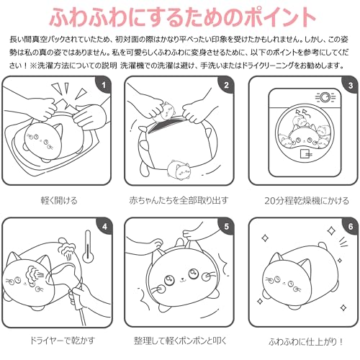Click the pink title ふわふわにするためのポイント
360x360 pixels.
[179, 16]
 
